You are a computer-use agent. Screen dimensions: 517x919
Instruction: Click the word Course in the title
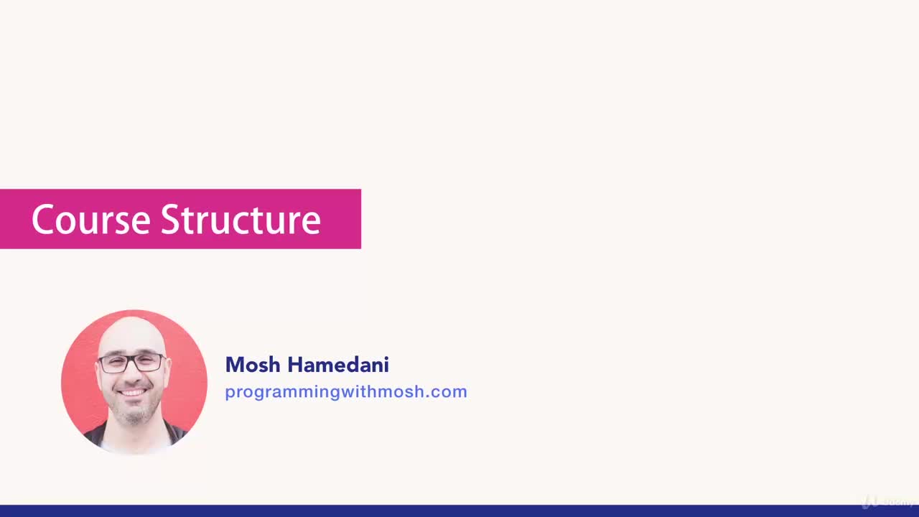[x=91, y=220]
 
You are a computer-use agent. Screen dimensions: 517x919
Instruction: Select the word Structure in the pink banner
[x=241, y=220]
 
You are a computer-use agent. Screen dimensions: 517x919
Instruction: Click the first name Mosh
[x=253, y=365]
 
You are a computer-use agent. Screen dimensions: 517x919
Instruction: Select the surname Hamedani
[x=338, y=365]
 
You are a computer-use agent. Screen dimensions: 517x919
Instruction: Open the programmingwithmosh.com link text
[x=345, y=392]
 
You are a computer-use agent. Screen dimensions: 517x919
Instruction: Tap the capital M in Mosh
[x=233, y=365]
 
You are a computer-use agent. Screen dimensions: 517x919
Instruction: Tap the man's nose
[x=133, y=375]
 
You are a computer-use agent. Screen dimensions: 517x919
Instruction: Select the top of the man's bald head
[x=133, y=323]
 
